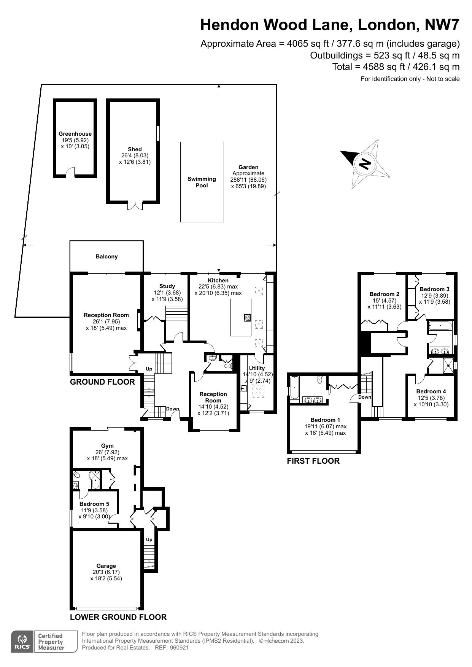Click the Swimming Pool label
202,182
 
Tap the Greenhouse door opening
70,173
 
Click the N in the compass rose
365,163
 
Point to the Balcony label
106,257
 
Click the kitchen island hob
247,318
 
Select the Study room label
167,286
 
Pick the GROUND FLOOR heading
102,382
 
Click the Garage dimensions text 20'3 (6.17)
106,572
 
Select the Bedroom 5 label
94,504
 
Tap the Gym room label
107,446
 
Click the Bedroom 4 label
431,391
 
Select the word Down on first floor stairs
364,397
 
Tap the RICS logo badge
22,642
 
